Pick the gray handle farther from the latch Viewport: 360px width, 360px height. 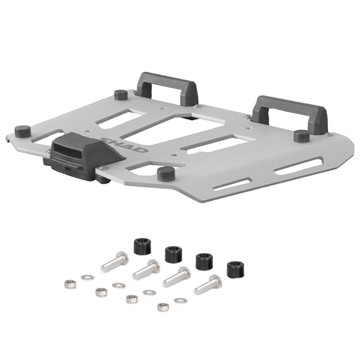pyautogui.click(x=290, y=113)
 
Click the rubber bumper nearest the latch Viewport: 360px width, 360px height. pyautogui.click(x=23, y=131)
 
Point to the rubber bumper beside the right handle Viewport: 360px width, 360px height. pyautogui.click(x=301, y=136)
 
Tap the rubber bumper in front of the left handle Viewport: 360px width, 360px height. pyautogui.click(x=121, y=94)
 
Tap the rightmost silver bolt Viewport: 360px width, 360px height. pyautogui.click(x=207, y=284)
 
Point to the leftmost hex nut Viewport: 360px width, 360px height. pyautogui.click(x=70, y=284)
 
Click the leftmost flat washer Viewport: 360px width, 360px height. pyautogui.click(x=88, y=277)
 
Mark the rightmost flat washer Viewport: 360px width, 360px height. pyautogui.click(x=180, y=300)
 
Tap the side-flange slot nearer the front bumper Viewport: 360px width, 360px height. pyautogui.click(x=230, y=184)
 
